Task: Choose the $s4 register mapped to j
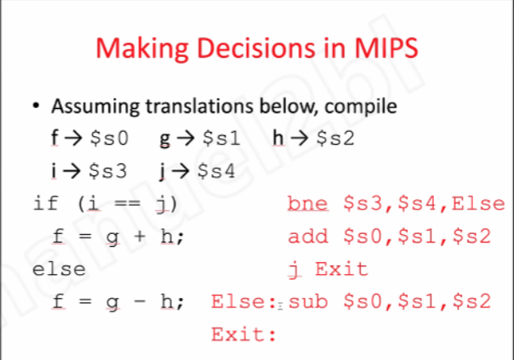point(214,170)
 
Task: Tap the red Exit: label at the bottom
point(245,334)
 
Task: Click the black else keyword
point(59,269)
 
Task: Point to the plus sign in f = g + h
point(140,237)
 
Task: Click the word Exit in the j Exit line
point(341,269)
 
